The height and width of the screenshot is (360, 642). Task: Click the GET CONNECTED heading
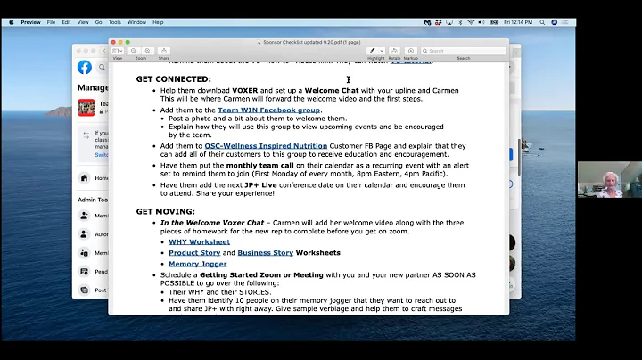click(173, 79)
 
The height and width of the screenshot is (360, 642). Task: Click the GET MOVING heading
click(165, 211)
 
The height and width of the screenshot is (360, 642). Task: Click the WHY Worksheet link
click(199, 241)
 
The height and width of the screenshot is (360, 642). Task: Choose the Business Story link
click(267, 252)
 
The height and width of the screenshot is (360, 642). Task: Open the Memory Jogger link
click(199, 264)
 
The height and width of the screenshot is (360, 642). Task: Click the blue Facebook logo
click(85, 67)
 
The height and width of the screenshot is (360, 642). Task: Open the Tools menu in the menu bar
click(115, 22)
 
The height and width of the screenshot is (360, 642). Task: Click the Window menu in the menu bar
click(136, 22)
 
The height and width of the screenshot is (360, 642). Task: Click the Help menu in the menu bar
click(158, 22)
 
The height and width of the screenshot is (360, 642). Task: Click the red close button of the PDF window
click(116, 41)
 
